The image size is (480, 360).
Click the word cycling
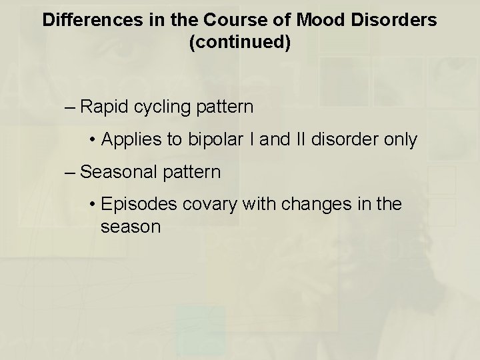coord(163,107)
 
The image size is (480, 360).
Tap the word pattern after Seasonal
coord(191,172)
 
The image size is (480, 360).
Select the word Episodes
coord(137,205)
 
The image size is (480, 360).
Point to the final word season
coord(131,227)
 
